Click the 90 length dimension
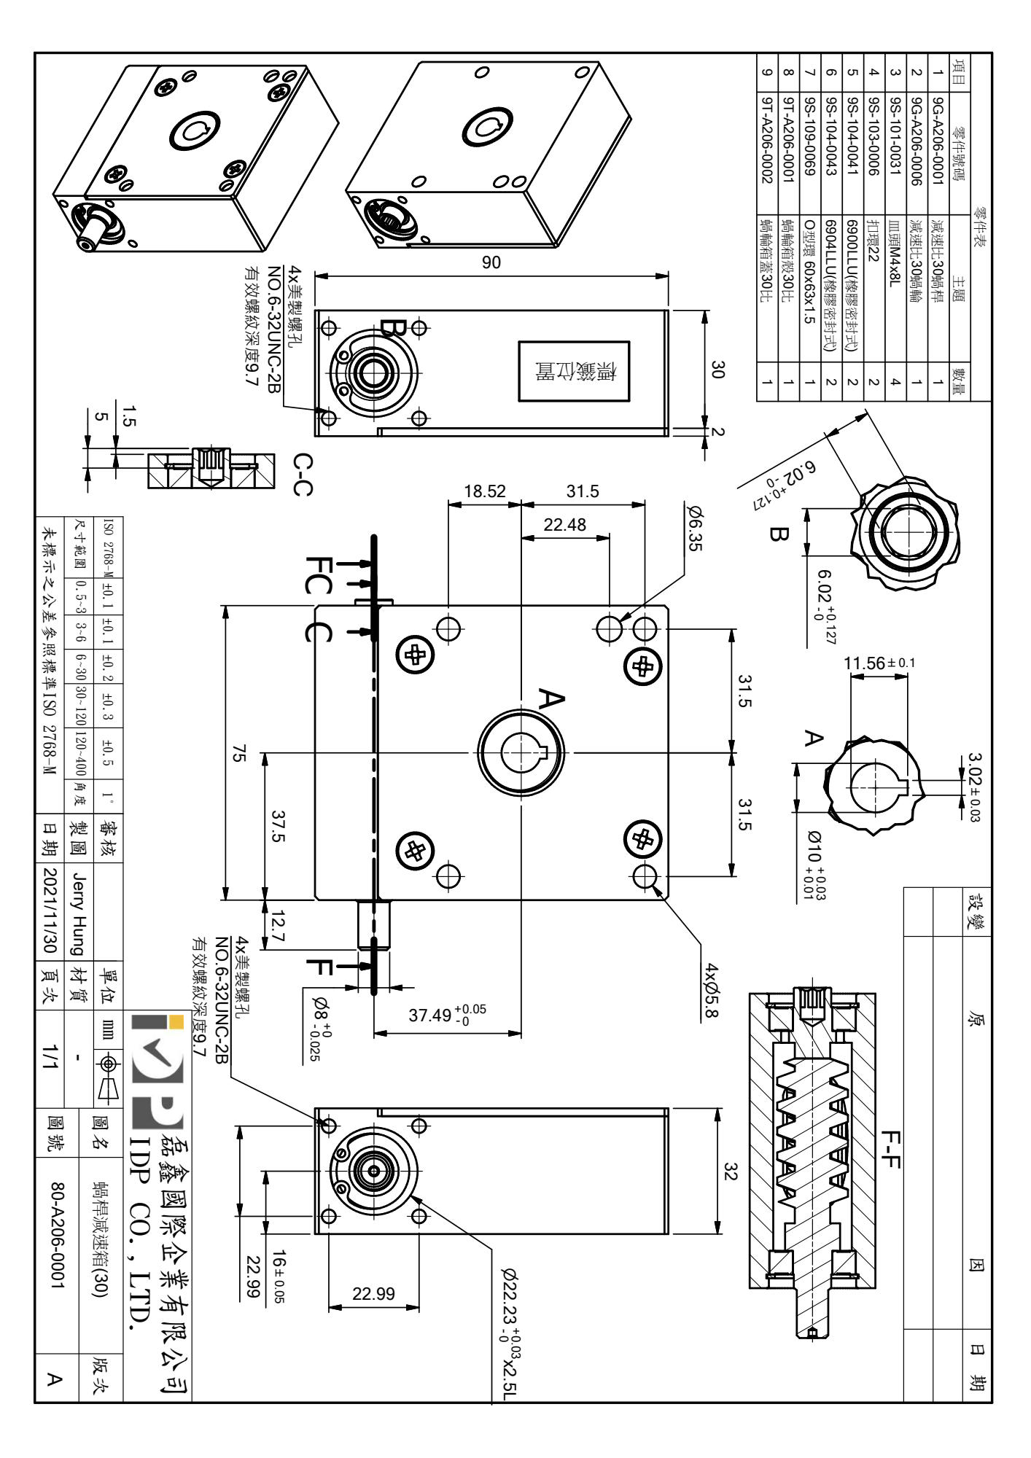click(x=492, y=263)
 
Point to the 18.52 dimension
click(x=484, y=491)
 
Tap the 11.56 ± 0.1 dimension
click(x=879, y=663)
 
